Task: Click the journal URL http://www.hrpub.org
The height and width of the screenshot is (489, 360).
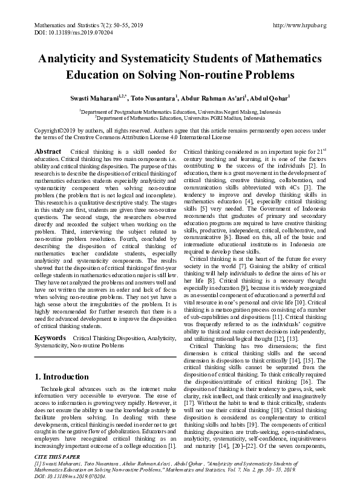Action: pos(299,25)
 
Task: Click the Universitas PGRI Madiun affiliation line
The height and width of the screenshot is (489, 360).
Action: pos(179,119)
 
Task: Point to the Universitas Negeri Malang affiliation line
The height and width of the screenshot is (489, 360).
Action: pos(179,112)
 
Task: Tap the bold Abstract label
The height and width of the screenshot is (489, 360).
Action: pos(48,151)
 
